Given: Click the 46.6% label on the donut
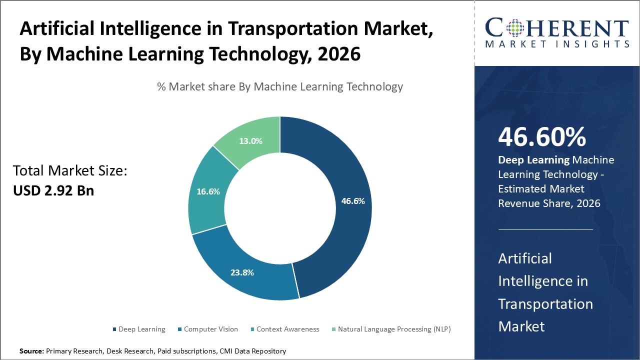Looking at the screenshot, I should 353,201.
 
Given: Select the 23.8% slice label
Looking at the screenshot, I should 242,272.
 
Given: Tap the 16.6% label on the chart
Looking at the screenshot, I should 208,191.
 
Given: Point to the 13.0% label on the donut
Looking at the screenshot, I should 250,141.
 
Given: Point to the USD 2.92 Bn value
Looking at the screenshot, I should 53,190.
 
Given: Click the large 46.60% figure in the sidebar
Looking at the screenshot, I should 542,137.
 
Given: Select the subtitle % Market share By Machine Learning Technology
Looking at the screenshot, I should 280,86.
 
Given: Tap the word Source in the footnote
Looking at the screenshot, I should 31,351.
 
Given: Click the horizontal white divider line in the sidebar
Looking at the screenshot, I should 545,229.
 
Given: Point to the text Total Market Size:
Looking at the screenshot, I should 70,171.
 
